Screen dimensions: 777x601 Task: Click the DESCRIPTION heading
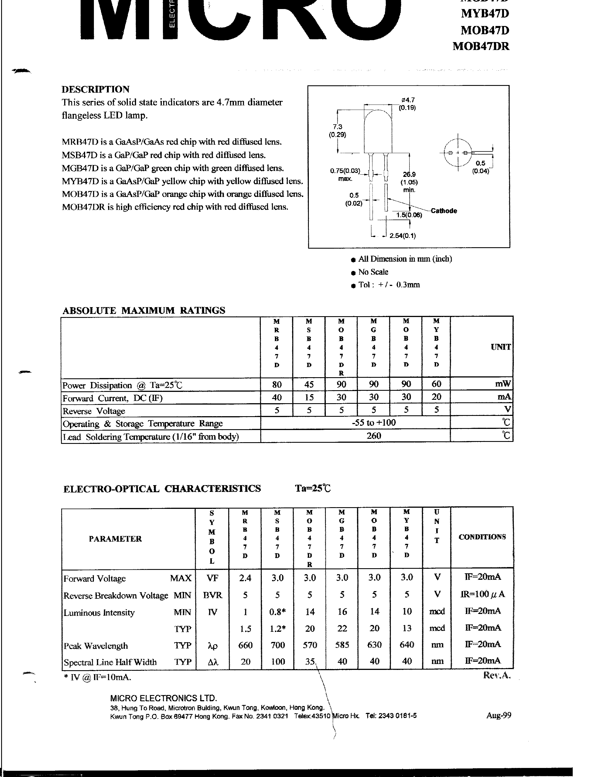pyautogui.click(x=95, y=89)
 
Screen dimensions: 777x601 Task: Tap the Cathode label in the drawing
pyautogui.click(x=444, y=210)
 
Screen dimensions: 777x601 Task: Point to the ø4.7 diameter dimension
pyautogui.click(x=407, y=100)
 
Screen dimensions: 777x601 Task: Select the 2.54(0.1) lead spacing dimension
pyautogui.click(x=403, y=236)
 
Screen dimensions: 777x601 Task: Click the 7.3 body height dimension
pyautogui.click(x=337, y=127)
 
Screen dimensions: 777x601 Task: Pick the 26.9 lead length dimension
pyautogui.click(x=410, y=174)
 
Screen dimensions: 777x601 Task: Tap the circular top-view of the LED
pyautogui.click(x=458, y=153)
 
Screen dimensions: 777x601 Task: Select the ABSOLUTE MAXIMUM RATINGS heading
pyautogui.click(x=144, y=310)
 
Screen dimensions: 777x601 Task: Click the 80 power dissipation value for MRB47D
pyautogui.click(x=277, y=384)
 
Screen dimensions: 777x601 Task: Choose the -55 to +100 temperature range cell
pyautogui.click(x=374, y=423)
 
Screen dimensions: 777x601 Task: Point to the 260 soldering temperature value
pyautogui.click(x=374, y=436)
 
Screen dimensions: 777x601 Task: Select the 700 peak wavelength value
pyautogui.click(x=277, y=645)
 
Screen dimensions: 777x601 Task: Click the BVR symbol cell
pyautogui.click(x=212, y=595)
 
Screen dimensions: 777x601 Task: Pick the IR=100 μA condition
pyautogui.click(x=482, y=594)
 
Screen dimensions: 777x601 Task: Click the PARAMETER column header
pyautogui.click(x=115, y=539)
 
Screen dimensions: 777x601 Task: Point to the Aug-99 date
pyautogui.click(x=498, y=715)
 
